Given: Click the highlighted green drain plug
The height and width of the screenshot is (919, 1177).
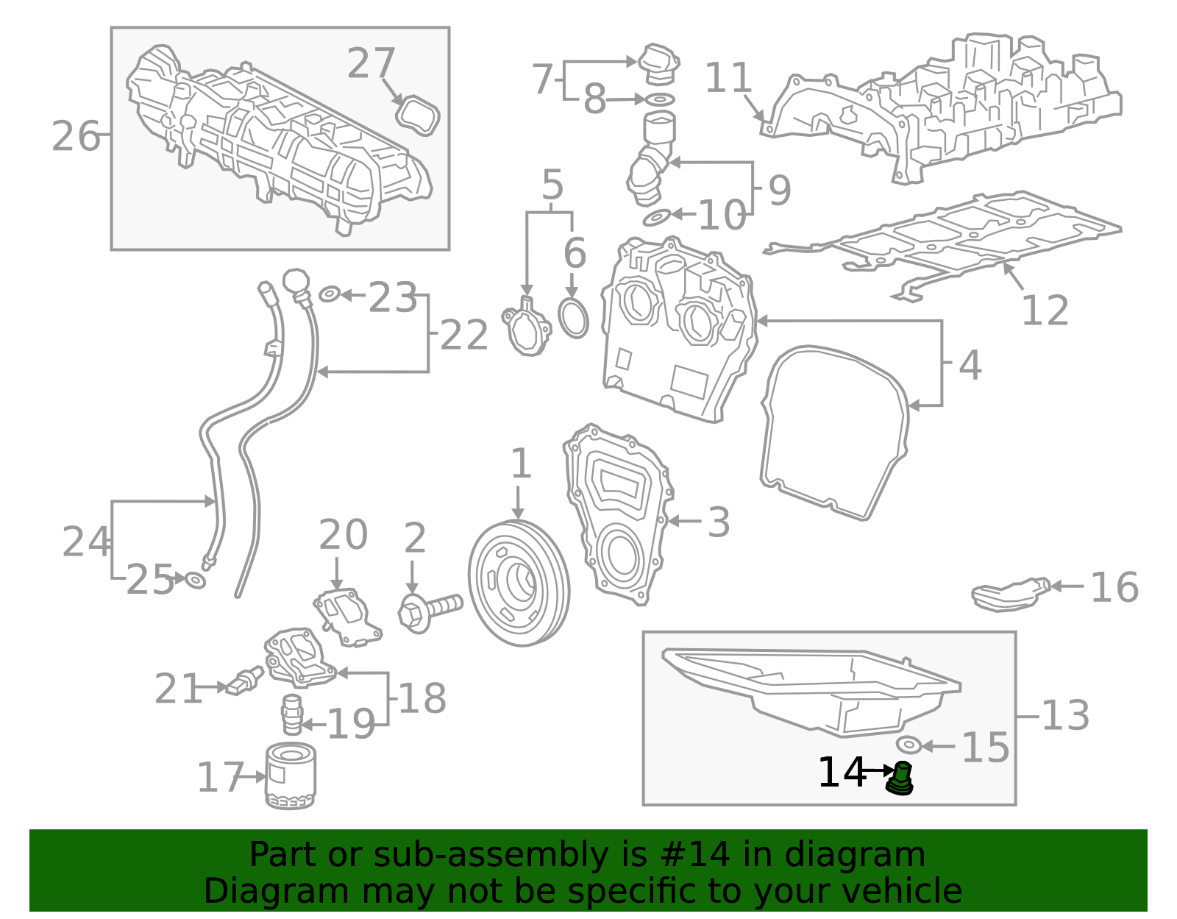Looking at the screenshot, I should [900, 780].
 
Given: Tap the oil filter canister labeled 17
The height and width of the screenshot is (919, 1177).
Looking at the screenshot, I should [291, 776].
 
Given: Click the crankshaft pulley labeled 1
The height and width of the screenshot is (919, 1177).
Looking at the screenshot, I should [519, 583].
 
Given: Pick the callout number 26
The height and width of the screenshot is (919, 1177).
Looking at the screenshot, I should [76, 136].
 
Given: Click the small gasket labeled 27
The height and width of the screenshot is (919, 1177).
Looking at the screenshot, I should [418, 116].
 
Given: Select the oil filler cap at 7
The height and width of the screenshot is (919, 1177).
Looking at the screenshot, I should [658, 64].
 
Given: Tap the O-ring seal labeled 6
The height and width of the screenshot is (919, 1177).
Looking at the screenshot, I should [574, 318].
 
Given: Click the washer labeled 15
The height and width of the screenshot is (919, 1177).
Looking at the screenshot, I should [909, 745].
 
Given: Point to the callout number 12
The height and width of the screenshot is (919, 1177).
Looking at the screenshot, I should [1045, 311].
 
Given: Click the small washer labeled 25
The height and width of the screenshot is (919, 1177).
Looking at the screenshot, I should [195, 581].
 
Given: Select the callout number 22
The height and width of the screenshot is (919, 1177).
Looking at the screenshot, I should [463, 336].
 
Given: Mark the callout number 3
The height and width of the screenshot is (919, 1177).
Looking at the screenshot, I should [718, 522].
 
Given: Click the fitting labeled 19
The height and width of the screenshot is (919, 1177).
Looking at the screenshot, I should [292, 714].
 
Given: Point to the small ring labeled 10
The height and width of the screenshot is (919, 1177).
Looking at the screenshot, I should [657, 217].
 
